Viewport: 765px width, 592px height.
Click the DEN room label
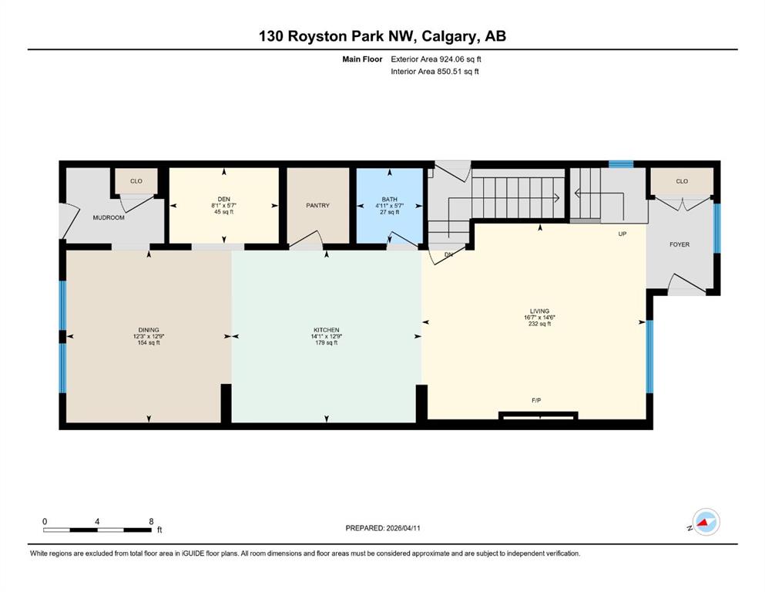(x=224, y=199)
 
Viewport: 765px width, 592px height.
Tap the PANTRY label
(x=317, y=206)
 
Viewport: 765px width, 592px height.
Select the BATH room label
(x=389, y=199)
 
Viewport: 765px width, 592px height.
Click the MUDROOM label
(x=109, y=217)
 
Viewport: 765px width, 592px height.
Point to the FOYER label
(x=679, y=244)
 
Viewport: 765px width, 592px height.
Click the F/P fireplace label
(x=536, y=400)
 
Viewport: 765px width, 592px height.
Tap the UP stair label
(x=622, y=234)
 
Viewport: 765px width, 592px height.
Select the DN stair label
(x=448, y=254)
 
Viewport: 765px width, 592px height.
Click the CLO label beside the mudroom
(x=136, y=181)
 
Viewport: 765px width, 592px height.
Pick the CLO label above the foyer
(x=682, y=181)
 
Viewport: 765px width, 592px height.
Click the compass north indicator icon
(x=706, y=522)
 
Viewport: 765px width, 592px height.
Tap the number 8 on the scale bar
(x=151, y=521)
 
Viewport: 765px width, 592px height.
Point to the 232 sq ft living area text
(x=539, y=324)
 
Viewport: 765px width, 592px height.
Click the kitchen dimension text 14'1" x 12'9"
(x=327, y=336)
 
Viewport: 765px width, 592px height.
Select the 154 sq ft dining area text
(x=149, y=342)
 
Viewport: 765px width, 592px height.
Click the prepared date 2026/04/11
(x=403, y=528)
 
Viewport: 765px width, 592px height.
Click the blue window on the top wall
(x=621, y=164)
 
